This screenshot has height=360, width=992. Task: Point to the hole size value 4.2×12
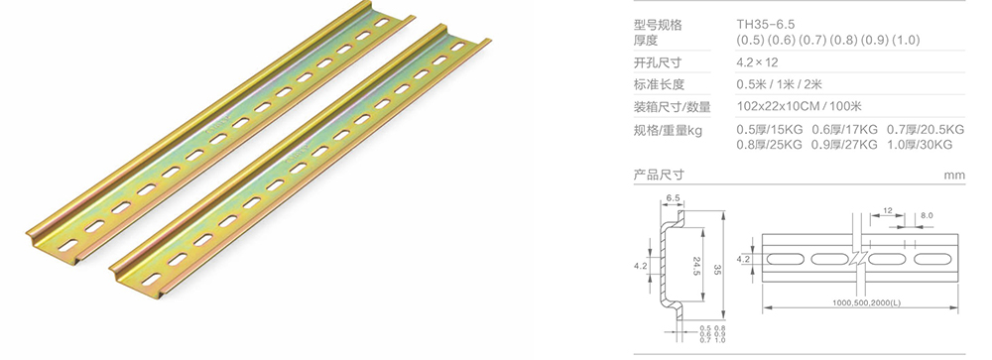pyautogui.click(x=756, y=61)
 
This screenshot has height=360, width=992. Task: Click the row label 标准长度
pyautogui.click(x=660, y=84)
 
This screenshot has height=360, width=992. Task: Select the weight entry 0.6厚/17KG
pyautogui.click(x=845, y=130)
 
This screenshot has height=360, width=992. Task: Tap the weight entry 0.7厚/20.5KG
pyautogui.click(x=926, y=130)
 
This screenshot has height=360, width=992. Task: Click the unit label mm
pyautogui.click(x=954, y=176)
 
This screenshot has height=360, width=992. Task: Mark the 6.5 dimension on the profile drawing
pyautogui.click(x=674, y=199)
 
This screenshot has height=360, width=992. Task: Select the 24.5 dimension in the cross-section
pyautogui.click(x=698, y=267)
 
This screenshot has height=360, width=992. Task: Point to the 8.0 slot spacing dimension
pyautogui.click(x=927, y=215)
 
